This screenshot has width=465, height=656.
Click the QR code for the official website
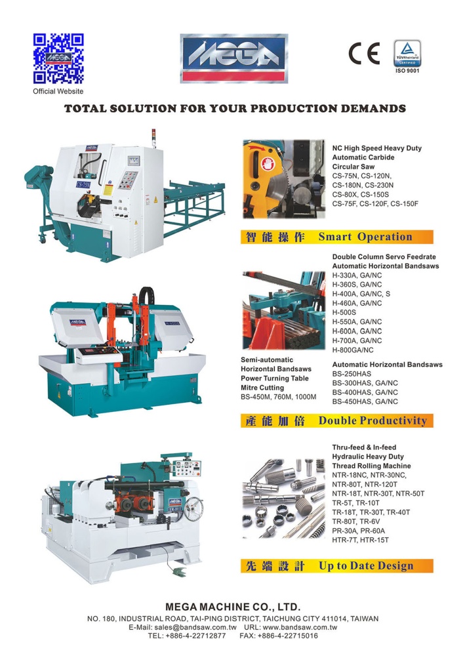coord(58,58)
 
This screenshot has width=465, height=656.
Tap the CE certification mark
coord(364,53)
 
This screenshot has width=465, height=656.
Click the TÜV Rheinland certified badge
coord(407,53)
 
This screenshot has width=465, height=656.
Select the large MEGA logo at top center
coord(234,58)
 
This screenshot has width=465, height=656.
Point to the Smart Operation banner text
coord(365,237)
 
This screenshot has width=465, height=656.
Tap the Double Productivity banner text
coord(373,420)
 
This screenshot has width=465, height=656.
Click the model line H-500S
coord(344,312)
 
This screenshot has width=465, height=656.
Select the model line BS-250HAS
coord(352,374)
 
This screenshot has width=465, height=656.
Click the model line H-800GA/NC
coord(353,350)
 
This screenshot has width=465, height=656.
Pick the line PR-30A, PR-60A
coord(358,531)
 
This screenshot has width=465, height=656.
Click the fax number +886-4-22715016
coord(288,636)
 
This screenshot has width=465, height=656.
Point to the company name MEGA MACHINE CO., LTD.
coord(233,607)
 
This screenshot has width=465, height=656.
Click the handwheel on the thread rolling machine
coord(193,509)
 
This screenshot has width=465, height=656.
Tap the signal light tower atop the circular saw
coord(153,138)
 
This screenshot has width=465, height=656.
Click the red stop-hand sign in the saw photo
coord(267,163)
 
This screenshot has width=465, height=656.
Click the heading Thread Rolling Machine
coord(371,466)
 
